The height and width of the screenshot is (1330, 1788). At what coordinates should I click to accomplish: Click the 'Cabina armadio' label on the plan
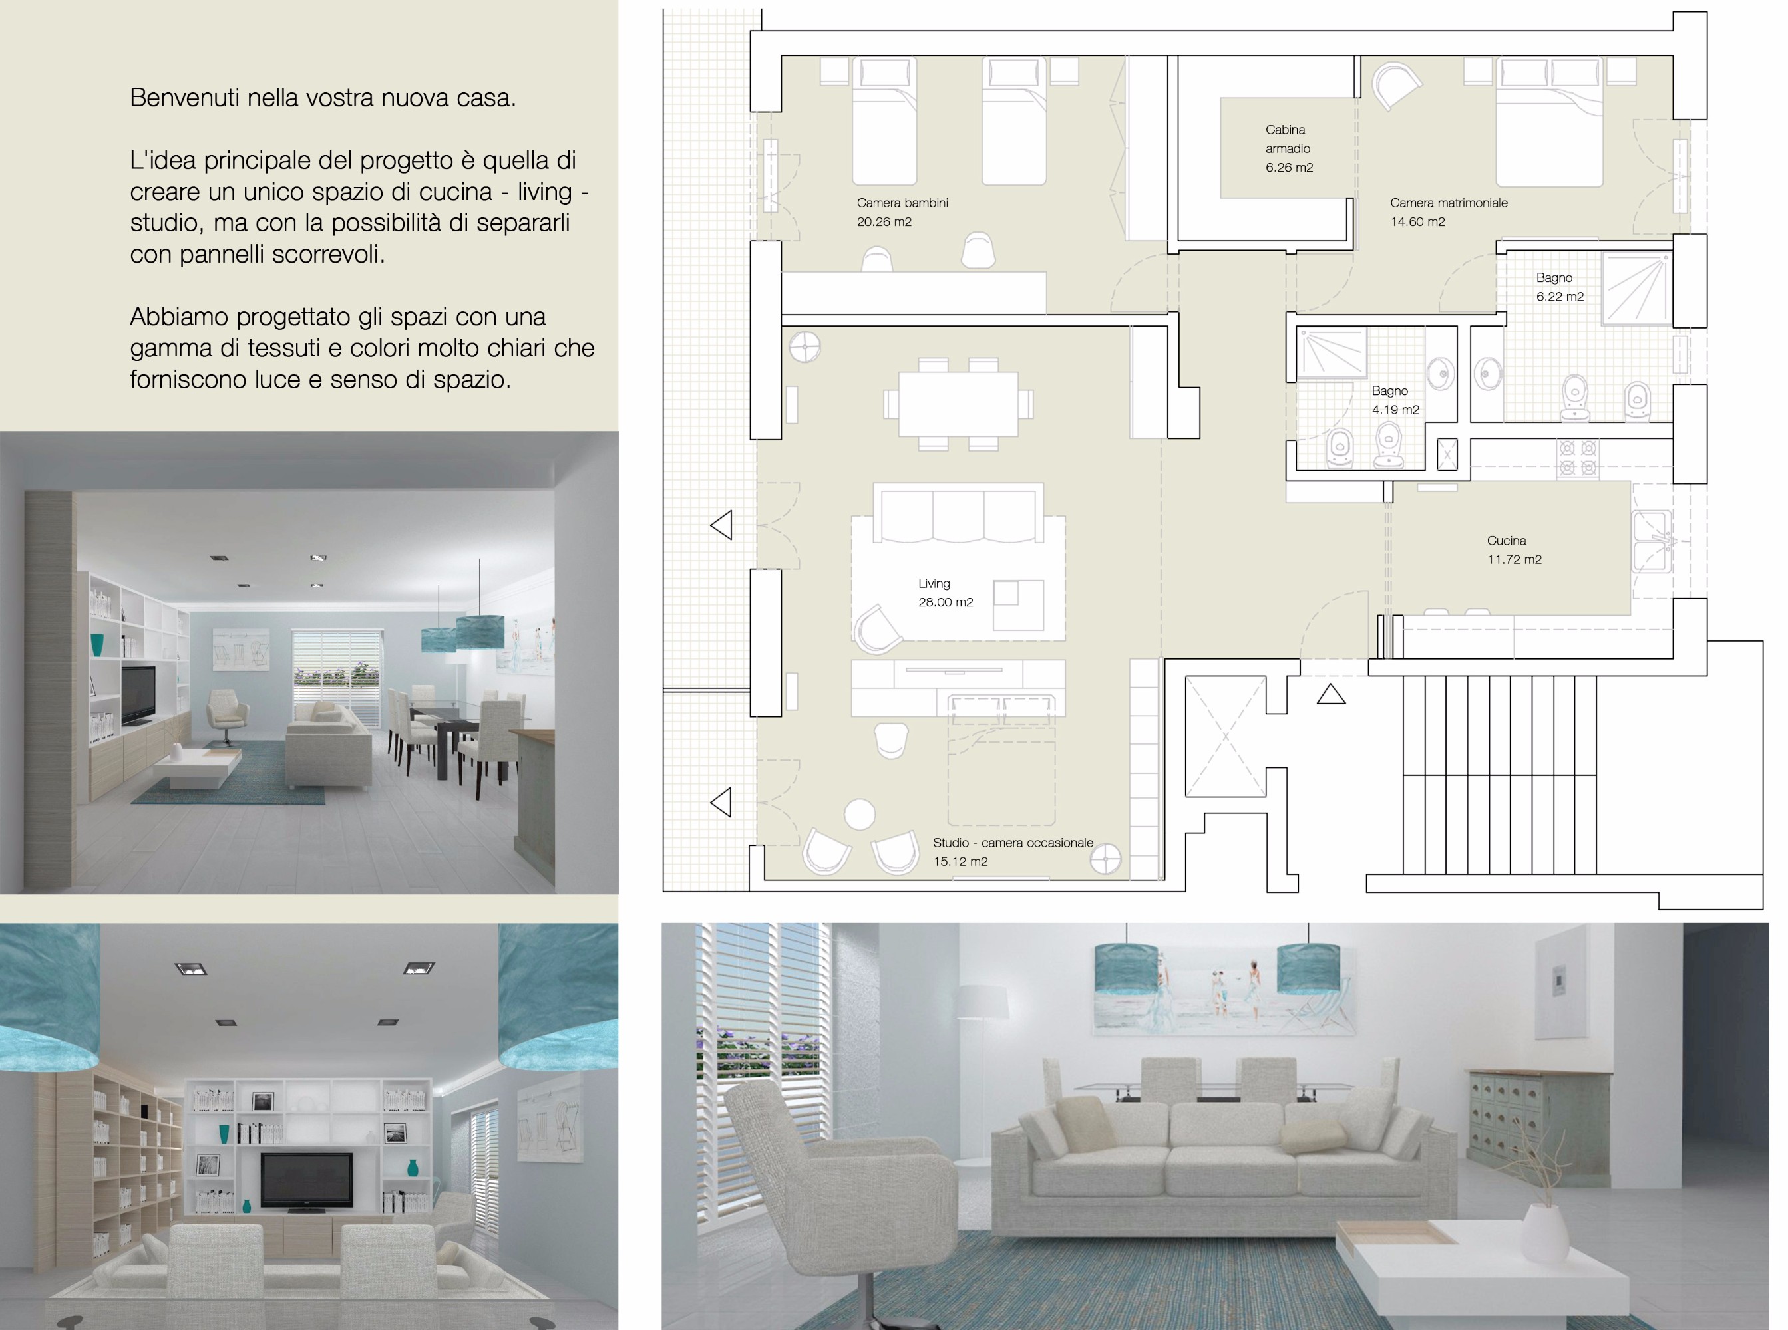(x=1288, y=138)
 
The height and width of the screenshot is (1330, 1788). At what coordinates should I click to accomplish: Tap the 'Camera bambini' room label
(x=902, y=203)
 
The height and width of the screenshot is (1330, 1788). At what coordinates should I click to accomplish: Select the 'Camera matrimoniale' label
(x=1448, y=203)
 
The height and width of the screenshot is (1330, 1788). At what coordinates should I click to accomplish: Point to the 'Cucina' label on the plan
(x=1506, y=540)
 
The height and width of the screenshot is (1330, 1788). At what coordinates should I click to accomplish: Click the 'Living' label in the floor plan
(x=934, y=583)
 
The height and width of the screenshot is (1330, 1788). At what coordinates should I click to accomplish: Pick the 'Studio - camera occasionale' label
(x=1012, y=842)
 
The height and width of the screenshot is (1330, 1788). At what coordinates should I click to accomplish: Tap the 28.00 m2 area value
(x=946, y=602)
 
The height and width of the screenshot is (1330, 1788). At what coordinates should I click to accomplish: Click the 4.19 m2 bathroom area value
(x=1395, y=409)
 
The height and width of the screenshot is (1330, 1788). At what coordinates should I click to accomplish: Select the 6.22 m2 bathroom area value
(x=1559, y=297)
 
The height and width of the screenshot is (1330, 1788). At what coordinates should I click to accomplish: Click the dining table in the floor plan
(x=958, y=404)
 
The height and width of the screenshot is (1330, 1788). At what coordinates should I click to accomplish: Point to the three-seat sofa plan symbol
(x=958, y=513)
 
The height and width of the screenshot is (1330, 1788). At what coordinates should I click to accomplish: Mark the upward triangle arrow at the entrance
(x=1331, y=694)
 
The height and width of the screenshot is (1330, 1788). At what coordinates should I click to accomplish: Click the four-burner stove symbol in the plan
(x=1577, y=458)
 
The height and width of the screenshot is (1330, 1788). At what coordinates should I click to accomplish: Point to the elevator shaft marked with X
(x=1225, y=736)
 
